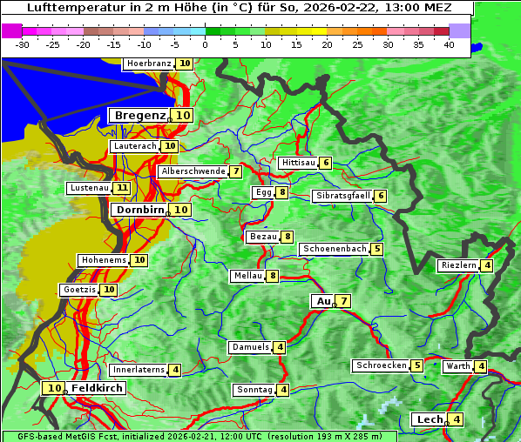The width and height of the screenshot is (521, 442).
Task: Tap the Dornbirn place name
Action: [x=139, y=210]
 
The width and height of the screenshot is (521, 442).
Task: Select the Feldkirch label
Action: [x=98, y=388]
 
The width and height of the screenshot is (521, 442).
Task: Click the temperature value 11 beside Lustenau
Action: [x=122, y=188]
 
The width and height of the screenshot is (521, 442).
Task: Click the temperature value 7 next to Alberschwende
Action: [x=235, y=171]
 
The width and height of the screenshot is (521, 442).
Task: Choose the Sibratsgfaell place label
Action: [x=342, y=196]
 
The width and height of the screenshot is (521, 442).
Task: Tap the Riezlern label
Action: [x=458, y=265]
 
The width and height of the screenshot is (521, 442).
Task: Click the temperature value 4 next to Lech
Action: [x=457, y=419]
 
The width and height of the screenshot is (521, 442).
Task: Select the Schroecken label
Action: [x=381, y=365]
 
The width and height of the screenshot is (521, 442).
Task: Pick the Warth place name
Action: [x=457, y=366]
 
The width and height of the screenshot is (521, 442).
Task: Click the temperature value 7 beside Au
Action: [x=344, y=301]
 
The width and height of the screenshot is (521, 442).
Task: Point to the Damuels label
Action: [x=250, y=347]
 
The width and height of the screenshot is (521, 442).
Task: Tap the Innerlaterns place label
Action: [x=139, y=370]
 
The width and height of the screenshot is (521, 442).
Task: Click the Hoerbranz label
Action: [x=148, y=64]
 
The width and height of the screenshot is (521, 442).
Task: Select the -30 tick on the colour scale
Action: [x=23, y=44]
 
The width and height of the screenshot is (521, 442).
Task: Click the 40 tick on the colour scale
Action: [x=449, y=44]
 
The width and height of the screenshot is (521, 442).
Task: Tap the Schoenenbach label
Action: [x=334, y=249]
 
